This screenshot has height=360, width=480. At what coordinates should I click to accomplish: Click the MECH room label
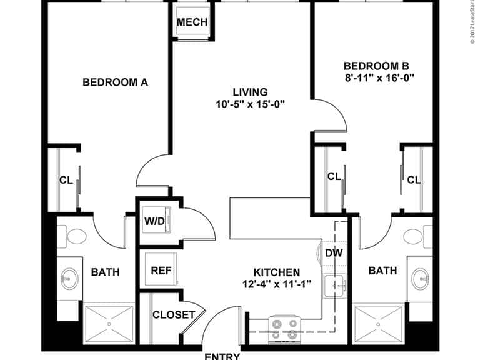(192, 22)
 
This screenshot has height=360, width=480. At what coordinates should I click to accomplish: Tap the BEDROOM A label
(115, 81)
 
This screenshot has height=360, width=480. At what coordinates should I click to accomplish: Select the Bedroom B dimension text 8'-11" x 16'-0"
(380, 78)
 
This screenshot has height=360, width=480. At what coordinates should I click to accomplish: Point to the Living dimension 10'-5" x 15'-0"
(249, 104)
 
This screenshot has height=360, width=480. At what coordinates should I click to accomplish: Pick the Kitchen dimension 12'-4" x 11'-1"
(277, 285)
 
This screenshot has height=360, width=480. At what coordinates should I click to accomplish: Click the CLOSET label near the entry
(174, 315)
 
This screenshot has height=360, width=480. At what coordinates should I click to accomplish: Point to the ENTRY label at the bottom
(222, 356)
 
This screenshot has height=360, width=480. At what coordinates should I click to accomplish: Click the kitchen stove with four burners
(286, 325)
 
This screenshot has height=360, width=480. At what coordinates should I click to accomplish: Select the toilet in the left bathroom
(76, 237)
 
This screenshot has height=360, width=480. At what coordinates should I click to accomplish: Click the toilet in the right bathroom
(414, 236)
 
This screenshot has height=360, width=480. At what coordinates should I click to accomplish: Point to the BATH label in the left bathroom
(106, 272)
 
